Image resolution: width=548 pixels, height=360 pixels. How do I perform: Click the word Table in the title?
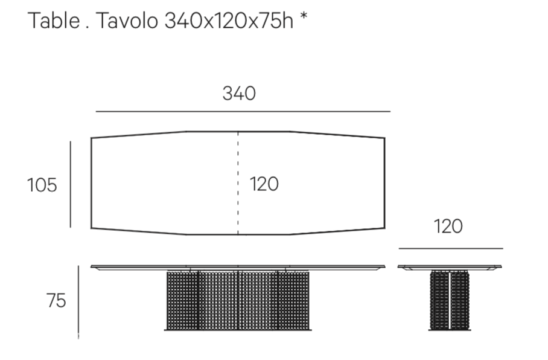point(54,21)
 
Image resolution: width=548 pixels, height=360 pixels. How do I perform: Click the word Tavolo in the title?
point(127,21)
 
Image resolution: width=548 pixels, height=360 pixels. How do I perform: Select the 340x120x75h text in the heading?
point(229,21)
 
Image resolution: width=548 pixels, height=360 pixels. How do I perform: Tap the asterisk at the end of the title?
point(304,16)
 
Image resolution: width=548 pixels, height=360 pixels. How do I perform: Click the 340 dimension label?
point(240,94)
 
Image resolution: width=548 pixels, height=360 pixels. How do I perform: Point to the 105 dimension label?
point(42,185)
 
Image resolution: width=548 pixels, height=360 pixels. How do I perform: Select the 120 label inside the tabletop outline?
point(264,184)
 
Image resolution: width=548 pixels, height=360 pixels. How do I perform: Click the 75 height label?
point(56,301)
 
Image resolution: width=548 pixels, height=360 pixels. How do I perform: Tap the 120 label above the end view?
point(448,227)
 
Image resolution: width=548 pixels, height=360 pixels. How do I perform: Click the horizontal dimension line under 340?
point(243,112)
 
